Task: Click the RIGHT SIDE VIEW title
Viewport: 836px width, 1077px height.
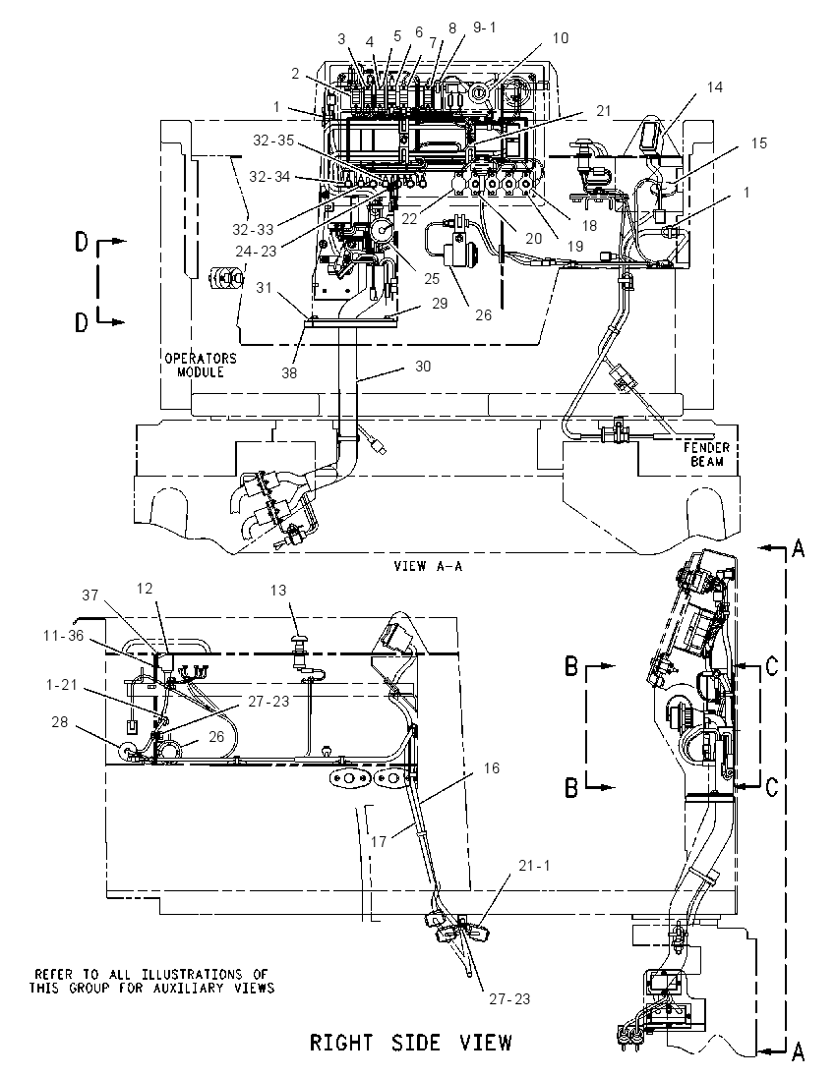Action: click(x=410, y=1043)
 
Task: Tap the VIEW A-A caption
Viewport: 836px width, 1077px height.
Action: click(x=428, y=567)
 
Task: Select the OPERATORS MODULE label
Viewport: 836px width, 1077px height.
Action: click(x=200, y=365)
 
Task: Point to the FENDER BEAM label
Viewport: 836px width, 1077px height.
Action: click(x=707, y=454)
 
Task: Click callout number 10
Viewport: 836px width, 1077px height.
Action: click(x=561, y=37)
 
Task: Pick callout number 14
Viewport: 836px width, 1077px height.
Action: click(x=715, y=87)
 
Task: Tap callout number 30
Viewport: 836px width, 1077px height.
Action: click(x=423, y=367)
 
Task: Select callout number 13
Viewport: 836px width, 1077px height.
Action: click(x=277, y=590)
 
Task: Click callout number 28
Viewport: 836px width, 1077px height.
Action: click(x=60, y=722)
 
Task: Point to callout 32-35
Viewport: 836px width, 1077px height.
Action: click(x=273, y=141)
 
